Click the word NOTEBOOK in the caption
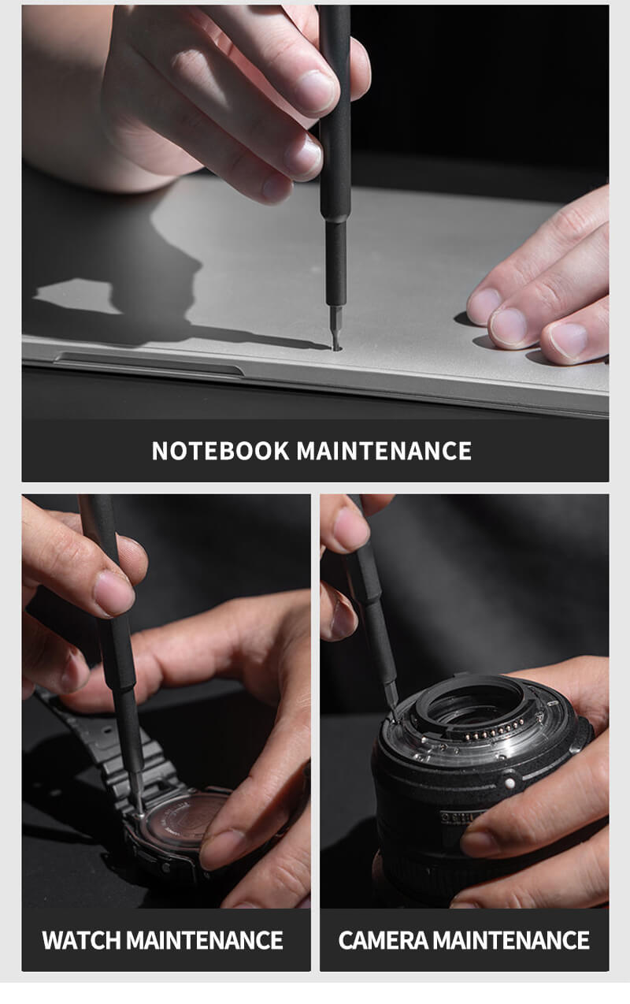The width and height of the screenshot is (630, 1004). (x=220, y=451)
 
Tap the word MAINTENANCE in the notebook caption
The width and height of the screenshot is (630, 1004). (x=384, y=451)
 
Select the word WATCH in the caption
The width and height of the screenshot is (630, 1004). (x=81, y=940)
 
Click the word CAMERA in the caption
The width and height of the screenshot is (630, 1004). (x=384, y=940)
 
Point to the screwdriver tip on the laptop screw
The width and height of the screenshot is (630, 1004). (x=335, y=348)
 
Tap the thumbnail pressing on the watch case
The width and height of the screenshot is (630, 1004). (x=220, y=843)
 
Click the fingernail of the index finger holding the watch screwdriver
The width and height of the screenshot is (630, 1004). (x=113, y=593)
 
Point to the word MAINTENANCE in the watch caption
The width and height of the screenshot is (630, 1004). (x=204, y=940)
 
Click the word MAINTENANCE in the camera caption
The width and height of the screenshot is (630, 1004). (x=511, y=940)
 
